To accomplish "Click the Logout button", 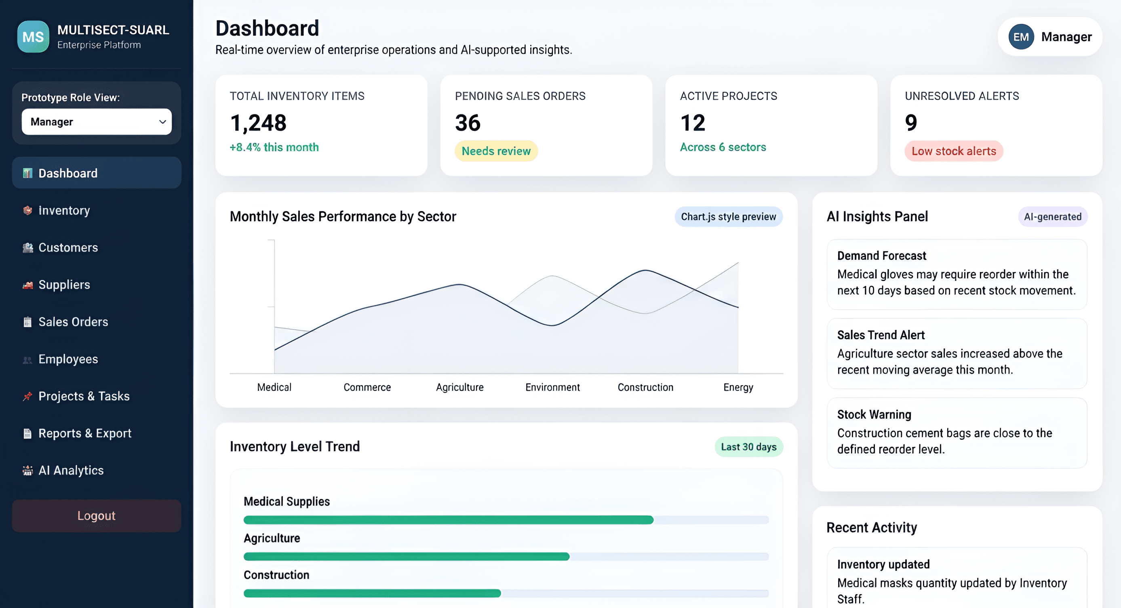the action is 96,516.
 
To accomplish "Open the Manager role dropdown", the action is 96,122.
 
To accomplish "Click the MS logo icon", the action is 33,36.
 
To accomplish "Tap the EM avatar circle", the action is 1021,37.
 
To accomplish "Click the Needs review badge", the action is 496,151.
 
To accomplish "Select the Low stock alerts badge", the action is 954,151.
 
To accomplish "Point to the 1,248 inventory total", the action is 258,123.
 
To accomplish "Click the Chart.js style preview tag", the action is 729,217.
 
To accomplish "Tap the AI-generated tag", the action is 1053,217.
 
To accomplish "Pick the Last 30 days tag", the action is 748,447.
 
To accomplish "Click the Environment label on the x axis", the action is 552,387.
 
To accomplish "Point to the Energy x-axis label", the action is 738,388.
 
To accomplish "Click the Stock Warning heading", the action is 874,415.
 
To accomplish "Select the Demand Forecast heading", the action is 882,256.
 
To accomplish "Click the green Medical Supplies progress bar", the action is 448,519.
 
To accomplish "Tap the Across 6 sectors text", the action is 723,147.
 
